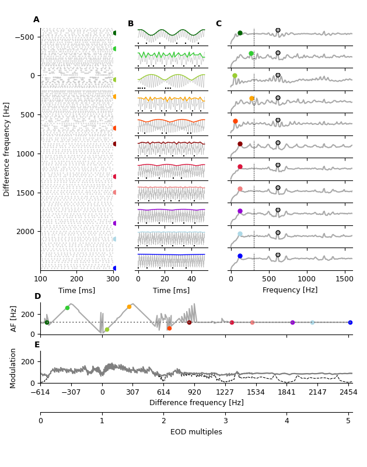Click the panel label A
[36, 20]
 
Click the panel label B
[131, 24]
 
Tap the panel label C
[219, 24]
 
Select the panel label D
[37, 297]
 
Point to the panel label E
[37, 345]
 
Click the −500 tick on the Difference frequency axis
[23, 37]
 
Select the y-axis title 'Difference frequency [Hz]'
[7, 149]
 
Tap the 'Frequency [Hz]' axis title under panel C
[290, 290]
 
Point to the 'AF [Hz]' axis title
[14, 318]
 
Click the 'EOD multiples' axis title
[196, 432]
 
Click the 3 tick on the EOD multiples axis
[225, 421]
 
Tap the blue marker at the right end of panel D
[350, 322]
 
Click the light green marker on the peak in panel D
[67, 308]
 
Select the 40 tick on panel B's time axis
[191, 280]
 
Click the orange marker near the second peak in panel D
[129, 306]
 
